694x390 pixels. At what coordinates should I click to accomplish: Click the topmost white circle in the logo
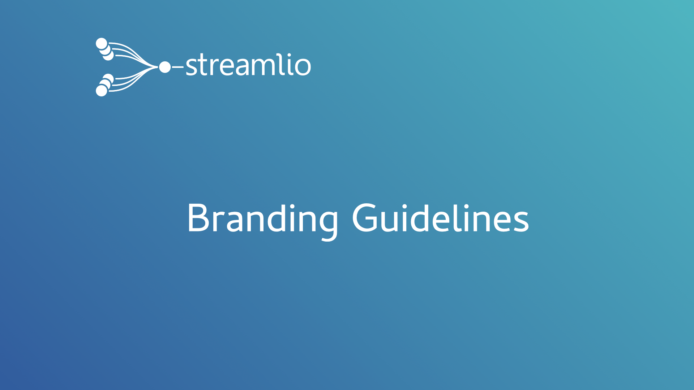[x=102, y=44]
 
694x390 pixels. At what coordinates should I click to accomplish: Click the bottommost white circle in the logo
[x=102, y=91]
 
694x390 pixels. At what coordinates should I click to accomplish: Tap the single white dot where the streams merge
[x=165, y=67]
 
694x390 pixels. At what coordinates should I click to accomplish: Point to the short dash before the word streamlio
[x=178, y=67]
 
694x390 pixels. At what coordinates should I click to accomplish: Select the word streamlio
[x=248, y=65]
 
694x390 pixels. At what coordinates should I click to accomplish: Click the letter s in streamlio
[x=191, y=66]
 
